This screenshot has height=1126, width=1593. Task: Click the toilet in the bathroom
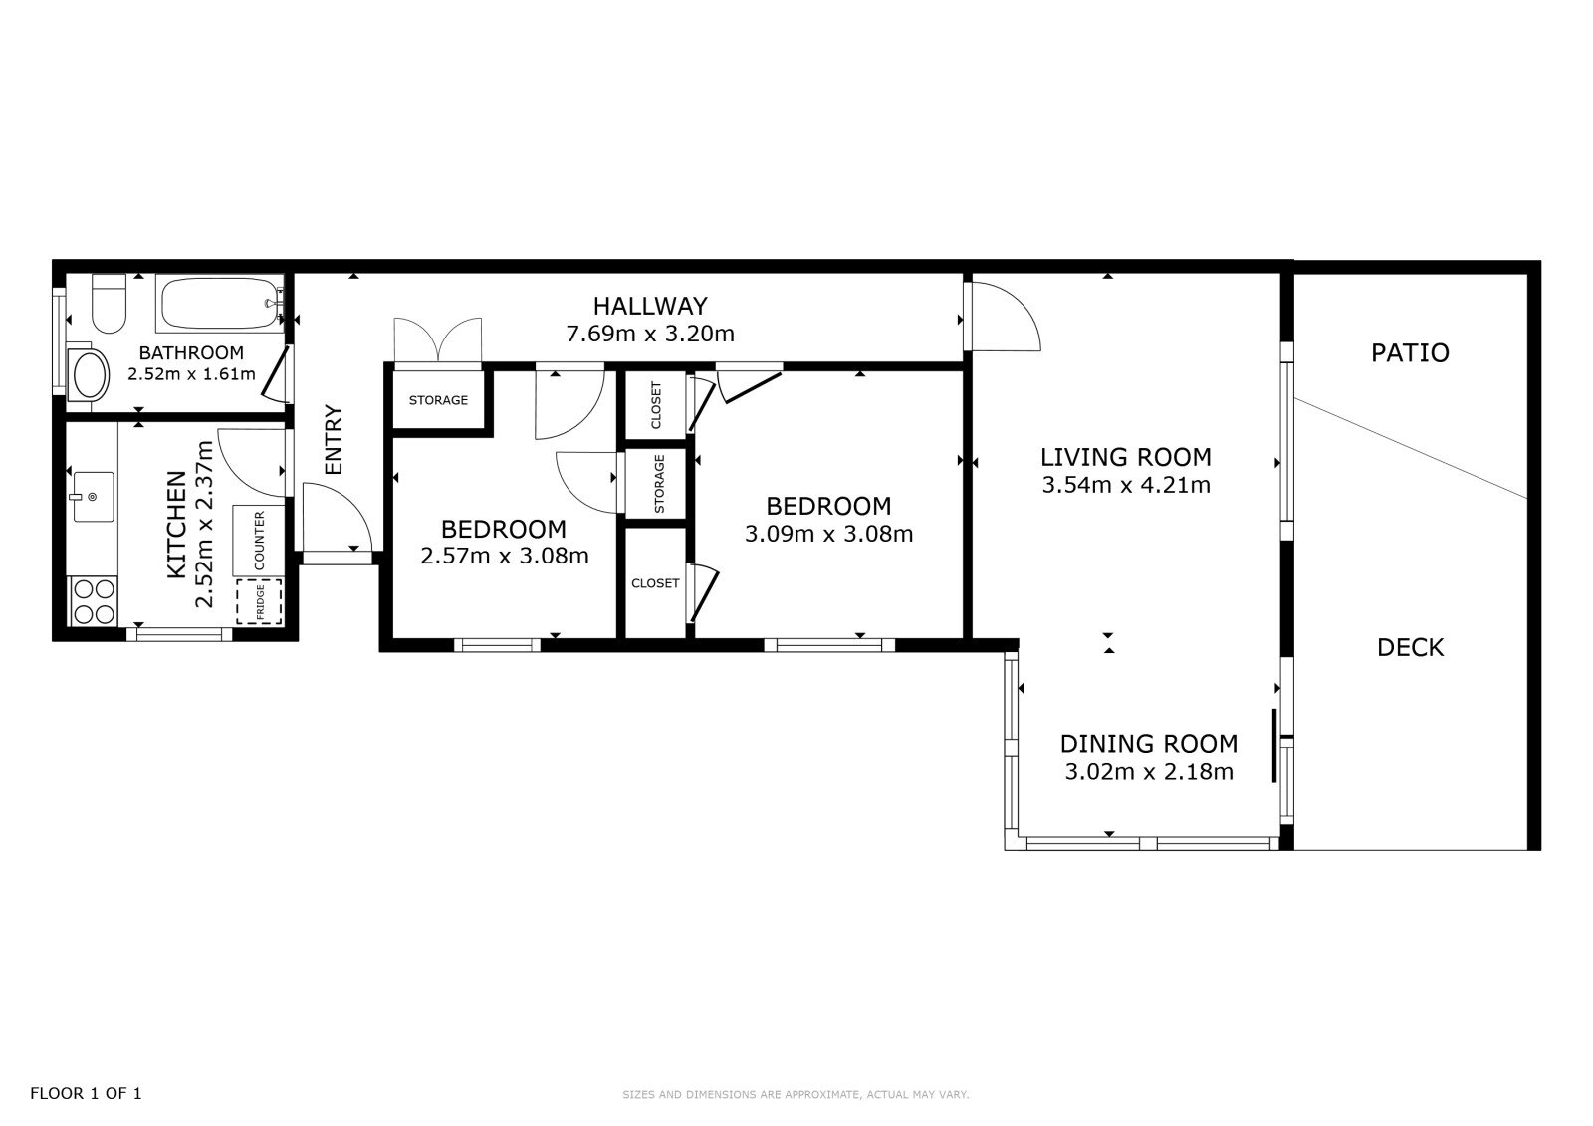109,304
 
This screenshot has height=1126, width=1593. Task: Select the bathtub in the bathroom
220,303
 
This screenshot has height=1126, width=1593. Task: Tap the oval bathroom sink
89,374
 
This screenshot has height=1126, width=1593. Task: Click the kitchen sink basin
94,497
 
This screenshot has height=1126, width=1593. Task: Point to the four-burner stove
94,601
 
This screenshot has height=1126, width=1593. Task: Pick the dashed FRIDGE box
259,601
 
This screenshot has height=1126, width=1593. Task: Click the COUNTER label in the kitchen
259,541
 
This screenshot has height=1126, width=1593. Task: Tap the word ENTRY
334,440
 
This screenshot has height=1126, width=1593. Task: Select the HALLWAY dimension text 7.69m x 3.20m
650,334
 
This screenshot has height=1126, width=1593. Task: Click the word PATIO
1410,353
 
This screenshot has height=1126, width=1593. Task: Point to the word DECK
1410,648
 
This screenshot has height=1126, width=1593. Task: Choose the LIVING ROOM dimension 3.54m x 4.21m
1126,485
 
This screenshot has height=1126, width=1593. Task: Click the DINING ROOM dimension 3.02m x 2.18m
1149,772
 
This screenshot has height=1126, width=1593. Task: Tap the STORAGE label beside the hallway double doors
438,400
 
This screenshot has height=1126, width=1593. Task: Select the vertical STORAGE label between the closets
659,484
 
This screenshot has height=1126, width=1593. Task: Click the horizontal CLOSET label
655,583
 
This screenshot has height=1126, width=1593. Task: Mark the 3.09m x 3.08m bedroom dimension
828,534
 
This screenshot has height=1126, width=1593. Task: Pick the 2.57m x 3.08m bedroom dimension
504,556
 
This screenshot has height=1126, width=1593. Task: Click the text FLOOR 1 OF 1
86,1093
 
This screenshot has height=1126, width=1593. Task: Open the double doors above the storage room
438,341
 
